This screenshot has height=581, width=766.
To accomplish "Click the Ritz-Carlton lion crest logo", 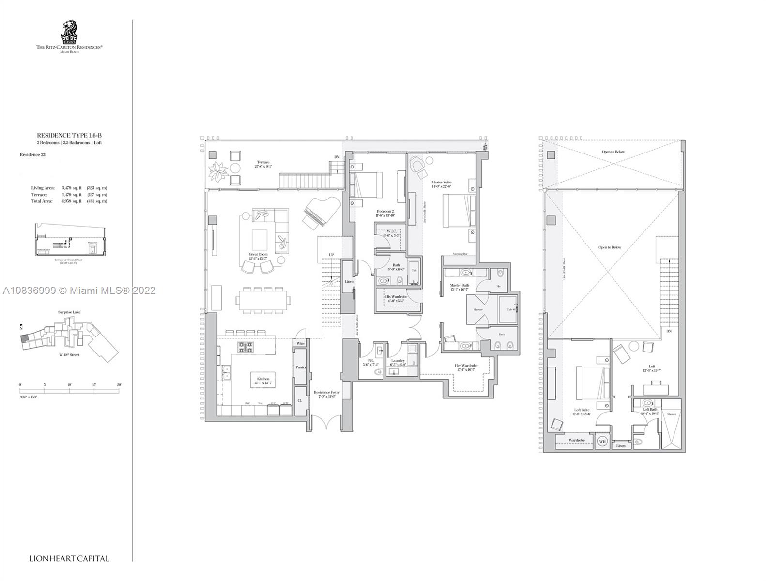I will pos(69,32).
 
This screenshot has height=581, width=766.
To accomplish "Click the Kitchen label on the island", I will pos(263,379).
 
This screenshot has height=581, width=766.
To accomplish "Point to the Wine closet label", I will pos(301,343).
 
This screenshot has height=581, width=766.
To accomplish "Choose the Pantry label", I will pos(301,367).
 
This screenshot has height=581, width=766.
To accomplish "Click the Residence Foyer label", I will pos(326,393).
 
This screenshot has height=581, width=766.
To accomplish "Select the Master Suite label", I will pos(441,183).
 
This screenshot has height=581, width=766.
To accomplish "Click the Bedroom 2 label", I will pos(385,212).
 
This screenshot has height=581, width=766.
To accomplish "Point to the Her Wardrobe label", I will pos(466,366).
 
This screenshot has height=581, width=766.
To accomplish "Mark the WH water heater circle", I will pos(602,441).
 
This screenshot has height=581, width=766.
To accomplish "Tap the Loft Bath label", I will pos(649,410).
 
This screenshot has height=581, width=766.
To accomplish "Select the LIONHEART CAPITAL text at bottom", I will pos(69,558).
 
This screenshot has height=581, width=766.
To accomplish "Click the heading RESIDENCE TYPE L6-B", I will pos(69,136).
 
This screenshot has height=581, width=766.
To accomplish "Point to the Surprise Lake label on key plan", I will pos(69,312).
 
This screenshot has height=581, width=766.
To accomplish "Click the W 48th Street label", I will pos(69,355).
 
